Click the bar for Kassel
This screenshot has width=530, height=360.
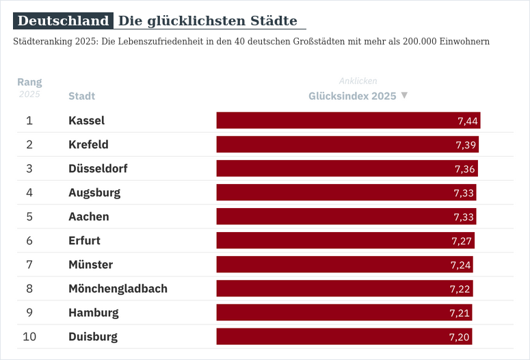[x=348, y=120]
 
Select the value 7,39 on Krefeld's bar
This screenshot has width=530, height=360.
[x=466, y=145]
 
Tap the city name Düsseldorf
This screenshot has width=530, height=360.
[x=98, y=168]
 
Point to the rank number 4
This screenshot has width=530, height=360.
[x=29, y=192]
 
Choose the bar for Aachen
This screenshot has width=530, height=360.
[x=346, y=216]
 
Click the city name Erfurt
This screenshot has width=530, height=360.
[x=84, y=240]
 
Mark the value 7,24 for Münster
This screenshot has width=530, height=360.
[x=461, y=265]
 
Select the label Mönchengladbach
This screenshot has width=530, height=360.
[x=118, y=288]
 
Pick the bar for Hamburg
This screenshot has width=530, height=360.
[x=344, y=313]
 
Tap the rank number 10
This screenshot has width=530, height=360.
[x=29, y=337]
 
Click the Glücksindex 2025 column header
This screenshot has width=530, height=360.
[x=352, y=96]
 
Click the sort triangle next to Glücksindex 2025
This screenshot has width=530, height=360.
[x=404, y=95]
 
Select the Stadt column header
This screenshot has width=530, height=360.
[x=81, y=96]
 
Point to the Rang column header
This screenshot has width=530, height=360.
[x=29, y=82]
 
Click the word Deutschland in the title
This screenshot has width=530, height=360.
[x=63, y=21]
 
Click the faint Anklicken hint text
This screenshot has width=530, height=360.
[x=358, y=81]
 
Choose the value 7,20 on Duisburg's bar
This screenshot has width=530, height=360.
[x=460, y=337]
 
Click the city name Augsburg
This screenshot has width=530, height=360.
[x=94, y=192]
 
